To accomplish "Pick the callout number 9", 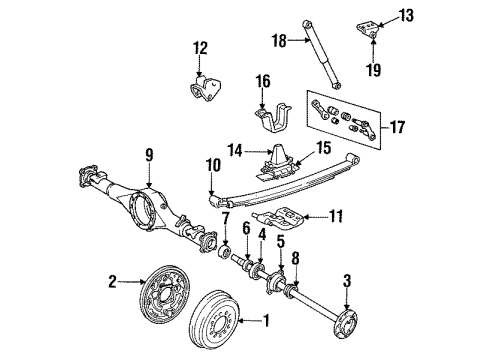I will click(148, 155).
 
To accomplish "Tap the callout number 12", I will click(200, 46).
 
